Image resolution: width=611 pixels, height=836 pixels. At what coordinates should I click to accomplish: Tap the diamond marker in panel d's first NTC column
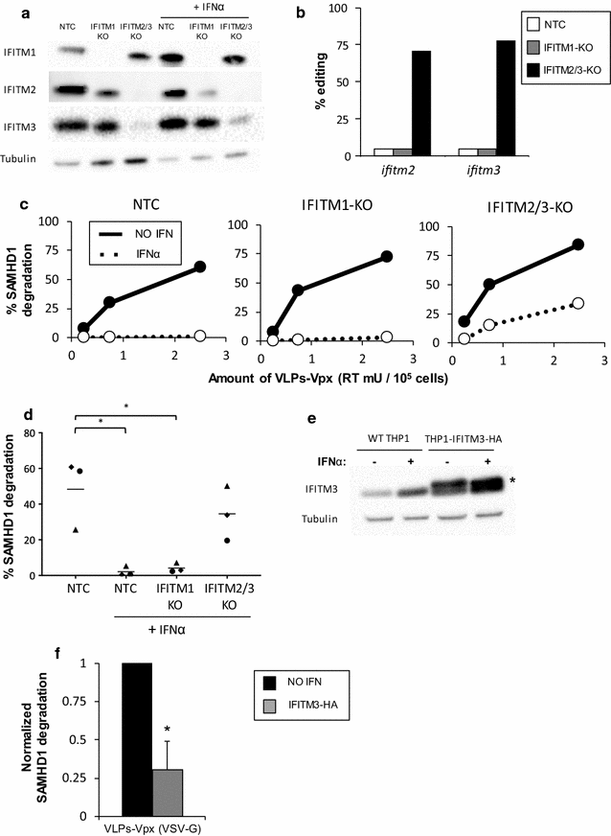[x=73, y=467]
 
